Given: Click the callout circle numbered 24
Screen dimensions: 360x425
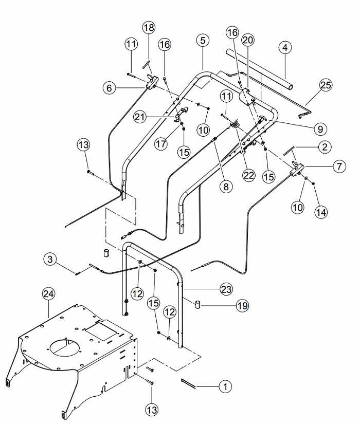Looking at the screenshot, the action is pyautogui.click(x=48, y=294).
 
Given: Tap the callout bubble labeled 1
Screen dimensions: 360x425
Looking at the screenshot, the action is pyautogui.click(x=225, y=386).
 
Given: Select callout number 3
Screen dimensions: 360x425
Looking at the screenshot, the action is pyautogui.click(x=50, y=259).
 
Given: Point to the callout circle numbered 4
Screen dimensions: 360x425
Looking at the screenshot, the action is pyautogui.click(x=284, y=48).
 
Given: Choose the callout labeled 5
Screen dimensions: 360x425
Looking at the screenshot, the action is pyautogui.click(x=203, y=41).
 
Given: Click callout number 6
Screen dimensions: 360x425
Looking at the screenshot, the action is pyautogui.click(x=110, y=88).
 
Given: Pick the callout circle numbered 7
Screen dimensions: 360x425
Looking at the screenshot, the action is pyautogui.click(x=339, y=166).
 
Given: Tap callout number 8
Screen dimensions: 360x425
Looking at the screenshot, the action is pyautogui.click(x=226, y=186).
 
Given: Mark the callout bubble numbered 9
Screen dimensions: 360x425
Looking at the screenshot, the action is pyautogui.click(x=320, y=129).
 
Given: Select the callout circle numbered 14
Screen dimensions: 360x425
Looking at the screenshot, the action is pyautogui.click(x=321, y=212).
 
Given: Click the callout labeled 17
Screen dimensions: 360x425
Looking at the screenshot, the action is pyautogui.click(x=161, y=143).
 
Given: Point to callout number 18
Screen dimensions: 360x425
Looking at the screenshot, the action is pyautogui.click(x=149, y=28).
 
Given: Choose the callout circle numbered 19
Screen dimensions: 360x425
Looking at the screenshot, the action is pyautogui.click(x=242, y=305).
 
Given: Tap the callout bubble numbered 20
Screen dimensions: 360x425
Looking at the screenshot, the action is pyautogui.click(x=248, y=40).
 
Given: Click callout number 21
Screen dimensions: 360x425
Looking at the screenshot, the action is pyautogui.click(x=140, y=117).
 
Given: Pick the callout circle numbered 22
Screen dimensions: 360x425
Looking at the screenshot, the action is pyautogui.click(x=248, y=175).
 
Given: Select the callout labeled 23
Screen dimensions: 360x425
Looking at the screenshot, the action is pyautogui.click(x=226, y=289).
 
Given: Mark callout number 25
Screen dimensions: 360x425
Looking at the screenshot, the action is pyautogui.click(x=326, y=85).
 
